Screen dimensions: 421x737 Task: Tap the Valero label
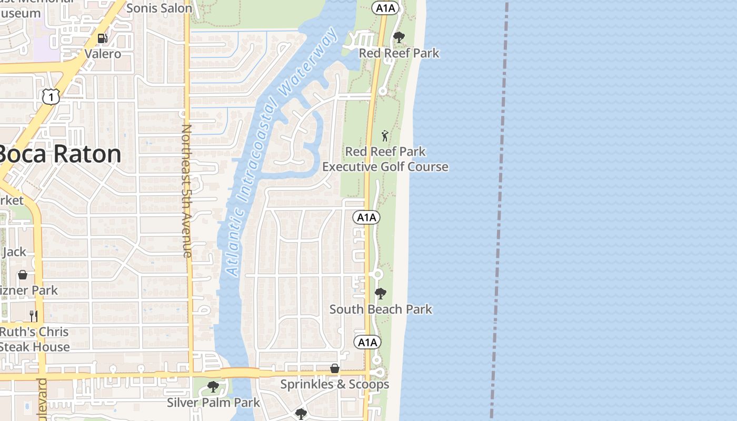[103, 54]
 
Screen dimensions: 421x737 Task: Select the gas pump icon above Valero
[103, 38]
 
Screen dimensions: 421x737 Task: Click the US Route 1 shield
[51, 96]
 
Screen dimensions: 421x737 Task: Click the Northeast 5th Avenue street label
[187, 191]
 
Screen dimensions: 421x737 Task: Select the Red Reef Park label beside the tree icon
[399, 53]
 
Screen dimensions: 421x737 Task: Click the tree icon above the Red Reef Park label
[399, 37]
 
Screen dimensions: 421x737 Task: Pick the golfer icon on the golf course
[385, 136]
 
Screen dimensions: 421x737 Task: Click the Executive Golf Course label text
[385, 167]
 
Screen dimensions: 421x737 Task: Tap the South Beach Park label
[381, 309]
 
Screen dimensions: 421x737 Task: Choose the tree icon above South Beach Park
[380, 293]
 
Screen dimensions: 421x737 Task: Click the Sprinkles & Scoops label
[335, 384]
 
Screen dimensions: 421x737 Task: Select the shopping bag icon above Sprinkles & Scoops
[335, 368]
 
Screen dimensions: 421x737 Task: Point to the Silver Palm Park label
[213, 403]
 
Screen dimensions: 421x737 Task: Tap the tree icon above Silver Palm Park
[213, 387]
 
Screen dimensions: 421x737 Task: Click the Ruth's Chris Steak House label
[34, 339]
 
